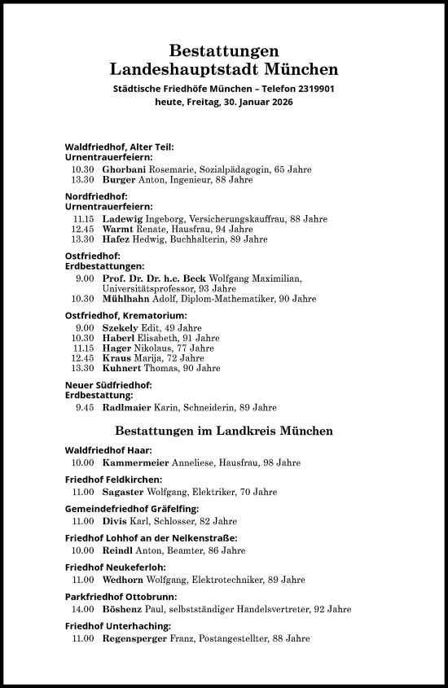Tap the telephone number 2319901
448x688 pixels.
click(x=310, y=89)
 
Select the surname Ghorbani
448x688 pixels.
click(x=125, y=169)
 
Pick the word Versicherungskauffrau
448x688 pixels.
click(x=239, y=219)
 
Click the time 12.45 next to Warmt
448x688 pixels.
click(x=83, y=230)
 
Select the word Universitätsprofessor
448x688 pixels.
click(x=145, y=288)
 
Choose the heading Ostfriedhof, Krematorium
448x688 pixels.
click(x=125, y=315)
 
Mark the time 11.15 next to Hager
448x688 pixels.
click(x=83, y=348)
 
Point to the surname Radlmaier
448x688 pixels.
click(x=126, y=407)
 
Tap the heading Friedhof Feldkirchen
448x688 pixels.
click(x=113, y=480)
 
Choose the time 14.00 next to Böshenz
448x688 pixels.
click(x=82, y=609)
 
